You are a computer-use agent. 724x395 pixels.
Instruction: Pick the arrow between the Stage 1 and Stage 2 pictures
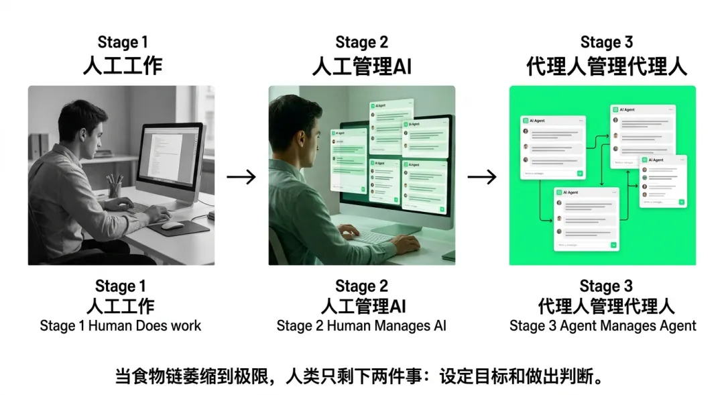point(241,177)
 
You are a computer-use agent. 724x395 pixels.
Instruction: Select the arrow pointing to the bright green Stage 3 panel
point(482,177)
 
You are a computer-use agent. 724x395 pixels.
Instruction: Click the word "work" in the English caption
point(186,326)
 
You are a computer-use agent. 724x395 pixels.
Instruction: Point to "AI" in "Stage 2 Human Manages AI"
point(438,326)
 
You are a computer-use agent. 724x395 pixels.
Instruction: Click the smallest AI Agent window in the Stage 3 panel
point(662,181)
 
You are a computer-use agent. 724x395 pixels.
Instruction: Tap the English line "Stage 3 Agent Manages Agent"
point(603,326)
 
